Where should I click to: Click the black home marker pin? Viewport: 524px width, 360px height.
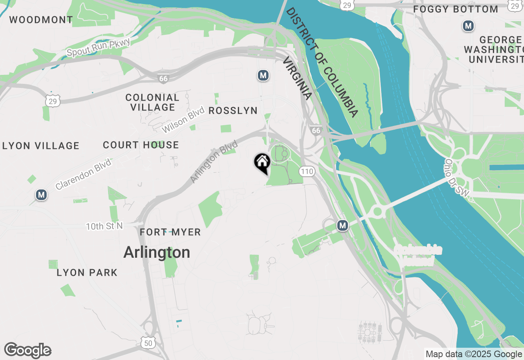[x=262, y=162]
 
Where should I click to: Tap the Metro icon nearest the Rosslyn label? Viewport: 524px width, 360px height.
[x=263, y=75]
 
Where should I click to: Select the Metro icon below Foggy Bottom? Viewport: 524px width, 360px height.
[x=468, y=26]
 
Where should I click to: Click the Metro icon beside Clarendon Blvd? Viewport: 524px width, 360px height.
[x=41, y=195]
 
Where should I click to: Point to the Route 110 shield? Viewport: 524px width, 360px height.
[x=307, y=171]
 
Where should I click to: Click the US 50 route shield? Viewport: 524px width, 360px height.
[x=147, y=343]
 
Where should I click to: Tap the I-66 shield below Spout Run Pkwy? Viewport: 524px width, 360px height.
[x=163, y=78]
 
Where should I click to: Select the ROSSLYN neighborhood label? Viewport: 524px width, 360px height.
[x=233, y=110]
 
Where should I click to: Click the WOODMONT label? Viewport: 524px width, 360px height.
[x=41, y=19]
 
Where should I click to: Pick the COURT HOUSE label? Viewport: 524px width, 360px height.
[x=141, y=145]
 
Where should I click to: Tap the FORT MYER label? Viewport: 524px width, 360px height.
[x=170, y=232]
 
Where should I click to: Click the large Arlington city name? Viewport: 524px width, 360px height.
[x=157, y=252]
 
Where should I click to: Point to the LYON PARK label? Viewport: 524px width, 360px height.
[x=87, y=272]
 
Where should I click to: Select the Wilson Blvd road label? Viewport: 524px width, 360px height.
[x=183, y=120]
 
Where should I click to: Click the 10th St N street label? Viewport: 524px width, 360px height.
[x=104, y=226]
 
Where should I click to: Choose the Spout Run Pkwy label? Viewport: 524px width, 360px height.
[x=98, y=47]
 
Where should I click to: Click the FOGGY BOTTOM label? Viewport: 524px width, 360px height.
[x=456, y=9]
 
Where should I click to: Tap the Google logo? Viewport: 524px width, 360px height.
[x=27, y=351]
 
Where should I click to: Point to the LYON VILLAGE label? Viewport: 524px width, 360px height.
[x=41, y=146]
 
